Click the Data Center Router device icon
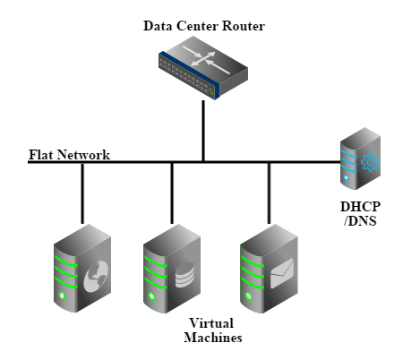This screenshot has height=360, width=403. click(203, 68)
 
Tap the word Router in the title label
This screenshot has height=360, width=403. click(244, 26)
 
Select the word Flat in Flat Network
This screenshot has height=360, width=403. click(41, 155)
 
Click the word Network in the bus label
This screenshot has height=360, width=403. click(83, 155)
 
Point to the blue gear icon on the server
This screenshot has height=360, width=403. click(370, 162)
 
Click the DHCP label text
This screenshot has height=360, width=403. click(360, 207)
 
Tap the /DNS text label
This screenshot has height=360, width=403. click(360, 221)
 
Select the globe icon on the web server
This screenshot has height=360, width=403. click(96, 276)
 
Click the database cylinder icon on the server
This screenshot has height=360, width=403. click(184, 275)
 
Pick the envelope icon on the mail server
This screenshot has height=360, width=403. click(282, 273)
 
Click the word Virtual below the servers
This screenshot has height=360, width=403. click(211, 323)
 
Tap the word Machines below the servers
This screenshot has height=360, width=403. click(213, 338)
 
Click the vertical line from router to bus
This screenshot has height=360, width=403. click(203, 131)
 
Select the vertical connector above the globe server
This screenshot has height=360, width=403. click(82, 193)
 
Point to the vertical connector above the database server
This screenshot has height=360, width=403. click(172, 193)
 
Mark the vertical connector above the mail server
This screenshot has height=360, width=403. click(269, 193)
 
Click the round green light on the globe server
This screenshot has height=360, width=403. click(63, 296)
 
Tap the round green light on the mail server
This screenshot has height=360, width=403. click(249, 296)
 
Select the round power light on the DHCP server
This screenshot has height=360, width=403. click(346, 177)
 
